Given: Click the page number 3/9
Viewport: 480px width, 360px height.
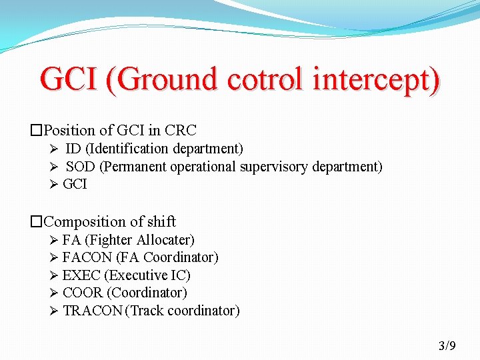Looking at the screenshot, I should point(447,345).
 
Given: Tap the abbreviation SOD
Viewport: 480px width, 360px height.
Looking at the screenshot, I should point(81,167).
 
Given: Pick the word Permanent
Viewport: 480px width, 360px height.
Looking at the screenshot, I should point(135,167).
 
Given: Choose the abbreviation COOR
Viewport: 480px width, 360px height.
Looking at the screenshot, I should point(83,293).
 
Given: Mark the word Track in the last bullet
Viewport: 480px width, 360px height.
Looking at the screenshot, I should point(149,311).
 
